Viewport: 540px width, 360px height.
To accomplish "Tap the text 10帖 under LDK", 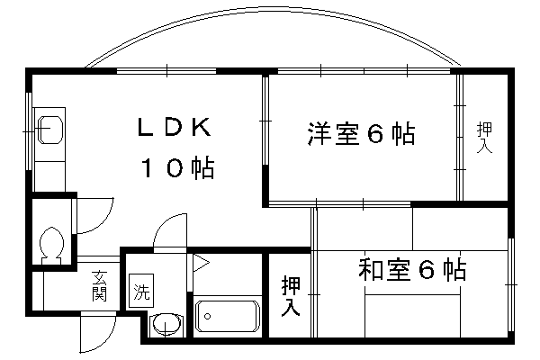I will [x=175, y=167].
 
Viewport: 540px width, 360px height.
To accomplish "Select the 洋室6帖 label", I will [x=360, y=135].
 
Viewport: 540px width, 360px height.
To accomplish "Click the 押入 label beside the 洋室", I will [x=483, y=138].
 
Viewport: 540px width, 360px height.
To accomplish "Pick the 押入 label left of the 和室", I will [x=291, y=297].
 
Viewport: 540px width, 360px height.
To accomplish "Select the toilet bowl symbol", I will [x=51, y=244].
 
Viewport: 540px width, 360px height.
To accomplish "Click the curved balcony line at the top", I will [x=270, y=27].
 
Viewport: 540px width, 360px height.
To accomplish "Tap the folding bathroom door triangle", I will [x=200, y=264].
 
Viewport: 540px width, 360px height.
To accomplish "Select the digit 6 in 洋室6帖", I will [x=376, y=135].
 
